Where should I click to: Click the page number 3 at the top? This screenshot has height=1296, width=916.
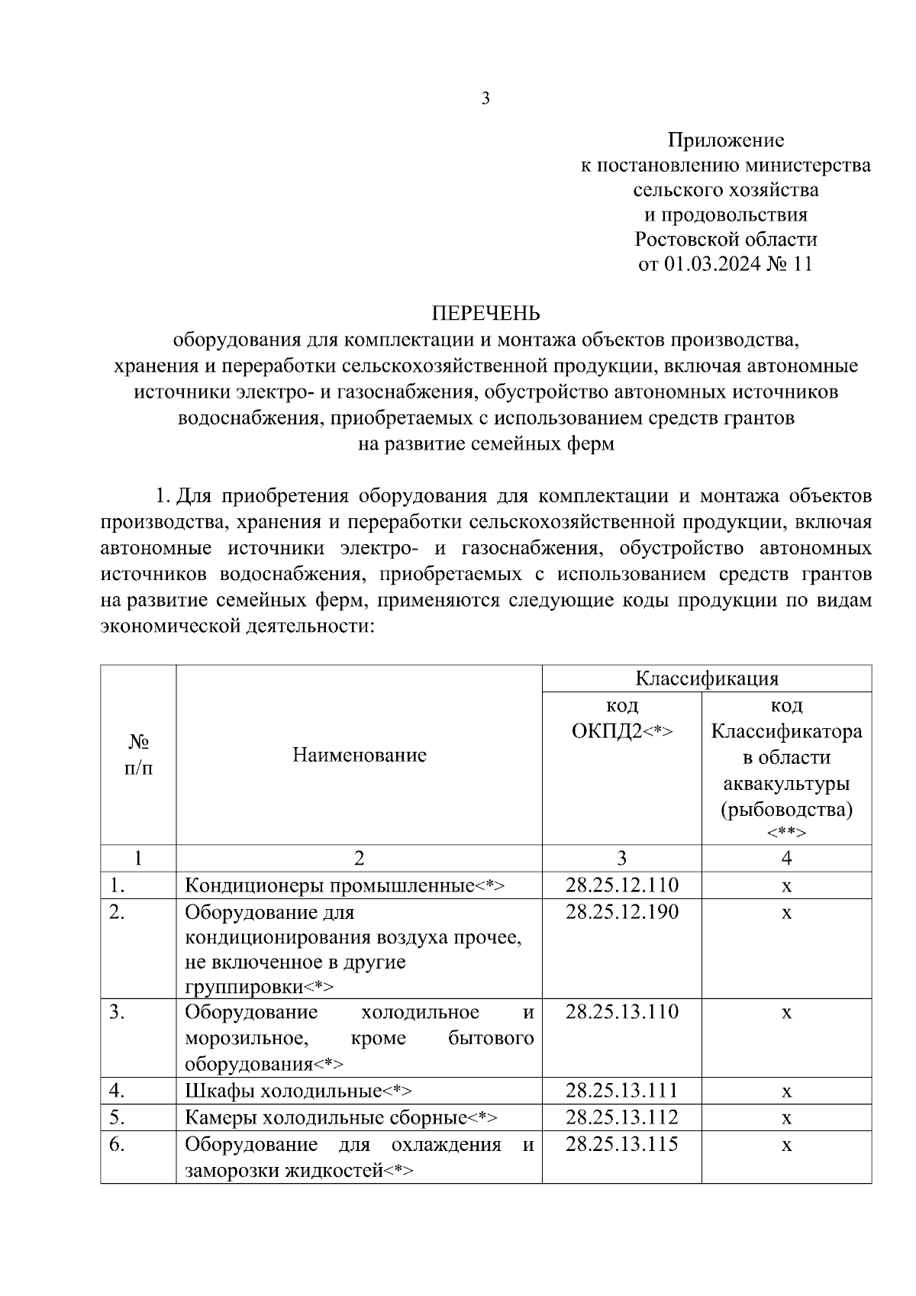(485, 98)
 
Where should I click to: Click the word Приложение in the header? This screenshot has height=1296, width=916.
(726, 140)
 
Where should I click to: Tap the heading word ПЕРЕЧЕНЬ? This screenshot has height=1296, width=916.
(486, 314)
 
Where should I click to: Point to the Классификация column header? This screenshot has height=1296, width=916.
(707, 679)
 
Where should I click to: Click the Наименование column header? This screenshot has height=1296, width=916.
(360, 756)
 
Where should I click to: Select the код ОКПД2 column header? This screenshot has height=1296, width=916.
(622, 718)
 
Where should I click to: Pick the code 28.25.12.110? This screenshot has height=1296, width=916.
(622, 885)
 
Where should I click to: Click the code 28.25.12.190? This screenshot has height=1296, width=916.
(622, 912)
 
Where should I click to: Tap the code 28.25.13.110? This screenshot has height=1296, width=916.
(622, 1012)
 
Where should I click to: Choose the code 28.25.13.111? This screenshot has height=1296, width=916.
(622, 1091)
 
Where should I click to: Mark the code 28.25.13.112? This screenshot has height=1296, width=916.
(622, 1117)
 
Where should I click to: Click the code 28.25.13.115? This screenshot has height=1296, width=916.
(622, 1144)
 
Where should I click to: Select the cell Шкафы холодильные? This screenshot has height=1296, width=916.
(299, 1091)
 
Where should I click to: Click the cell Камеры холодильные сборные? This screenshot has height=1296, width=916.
(341, 1118)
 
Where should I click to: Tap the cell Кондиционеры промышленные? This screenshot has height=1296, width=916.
(345, 886)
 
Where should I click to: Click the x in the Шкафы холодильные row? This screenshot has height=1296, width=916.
(786, 1092)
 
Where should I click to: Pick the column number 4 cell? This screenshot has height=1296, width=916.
(786, 858)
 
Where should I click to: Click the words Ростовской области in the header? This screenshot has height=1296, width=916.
(726, 240)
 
